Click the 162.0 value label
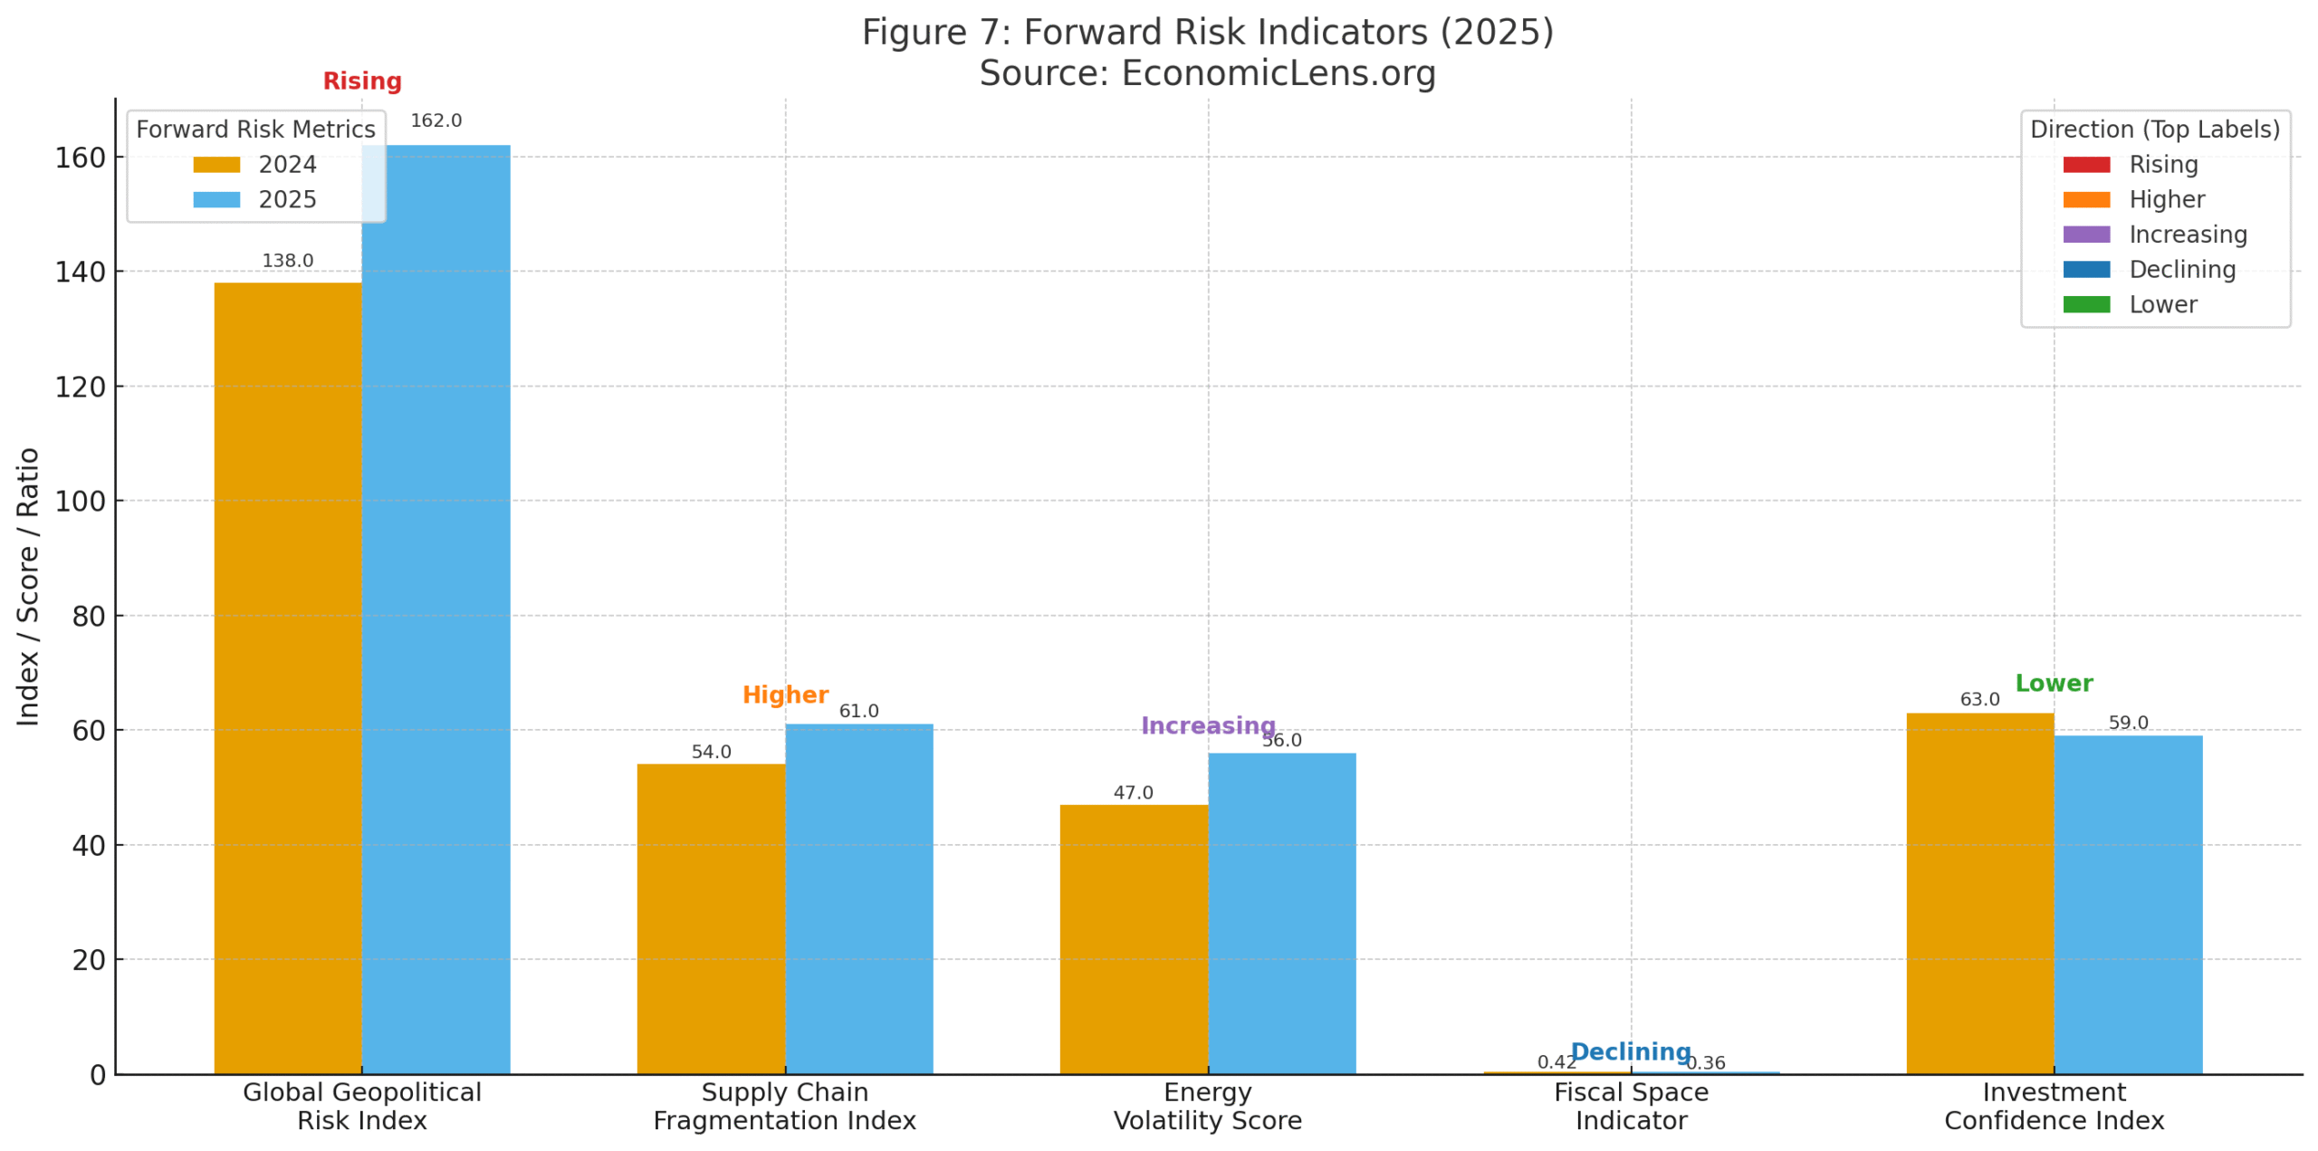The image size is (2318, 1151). [436, 120]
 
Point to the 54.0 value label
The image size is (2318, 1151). [711, 752]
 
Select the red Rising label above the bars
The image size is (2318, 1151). [362, 81]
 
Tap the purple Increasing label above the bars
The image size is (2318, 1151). [1207, 725]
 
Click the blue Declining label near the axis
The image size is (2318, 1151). [1630, 1050]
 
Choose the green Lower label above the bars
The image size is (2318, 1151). [2053, 683]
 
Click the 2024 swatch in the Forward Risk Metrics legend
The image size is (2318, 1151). [216, 165]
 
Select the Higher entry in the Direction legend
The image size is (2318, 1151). [2165, 199]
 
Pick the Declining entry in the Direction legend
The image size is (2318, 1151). [2181, 269]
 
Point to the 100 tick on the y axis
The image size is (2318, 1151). [80, 501]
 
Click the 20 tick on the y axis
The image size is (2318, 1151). [89, 960]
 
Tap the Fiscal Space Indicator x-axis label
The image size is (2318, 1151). [1630, 1106]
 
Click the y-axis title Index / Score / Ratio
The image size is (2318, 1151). [28, 586]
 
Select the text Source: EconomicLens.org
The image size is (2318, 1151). [1207, 73]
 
